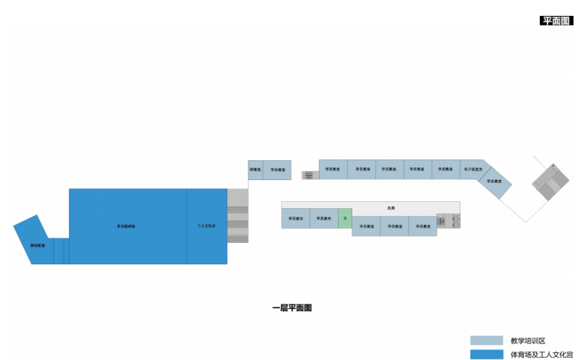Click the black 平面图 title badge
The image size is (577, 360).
click(556, 21)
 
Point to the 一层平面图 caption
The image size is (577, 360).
click(292, 308)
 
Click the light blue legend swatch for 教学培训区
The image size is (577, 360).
click(486, 340)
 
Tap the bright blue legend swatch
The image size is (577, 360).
click(486, 354)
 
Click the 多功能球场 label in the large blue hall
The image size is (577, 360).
click(126, 226)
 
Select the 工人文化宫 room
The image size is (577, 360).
click(207, 226)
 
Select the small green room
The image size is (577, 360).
click(345, 218)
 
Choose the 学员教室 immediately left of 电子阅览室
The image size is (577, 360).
click(446, 169)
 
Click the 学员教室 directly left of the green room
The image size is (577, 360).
click(323, 218)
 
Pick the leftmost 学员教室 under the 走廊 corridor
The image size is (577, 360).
click(295, 218)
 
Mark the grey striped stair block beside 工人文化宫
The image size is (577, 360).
click(238, 216)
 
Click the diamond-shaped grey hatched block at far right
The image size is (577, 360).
click(550, 182)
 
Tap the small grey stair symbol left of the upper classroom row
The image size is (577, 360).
click(307, 175)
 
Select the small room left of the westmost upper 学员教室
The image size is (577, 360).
click(255, 169)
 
